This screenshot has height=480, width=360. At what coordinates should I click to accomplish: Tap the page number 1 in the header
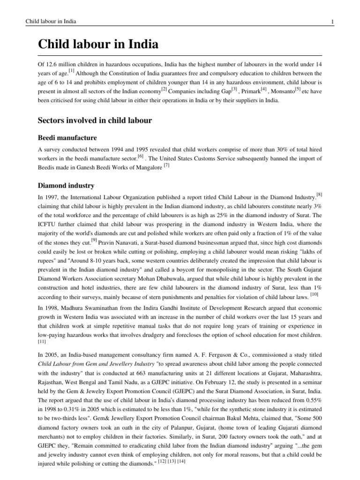[332, 22]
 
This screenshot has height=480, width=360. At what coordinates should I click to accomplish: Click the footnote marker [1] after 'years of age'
[71, 71]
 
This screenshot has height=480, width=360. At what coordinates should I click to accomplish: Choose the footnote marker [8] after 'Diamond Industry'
[319, 195]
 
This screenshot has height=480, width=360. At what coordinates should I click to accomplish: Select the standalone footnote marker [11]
[42, 342]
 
